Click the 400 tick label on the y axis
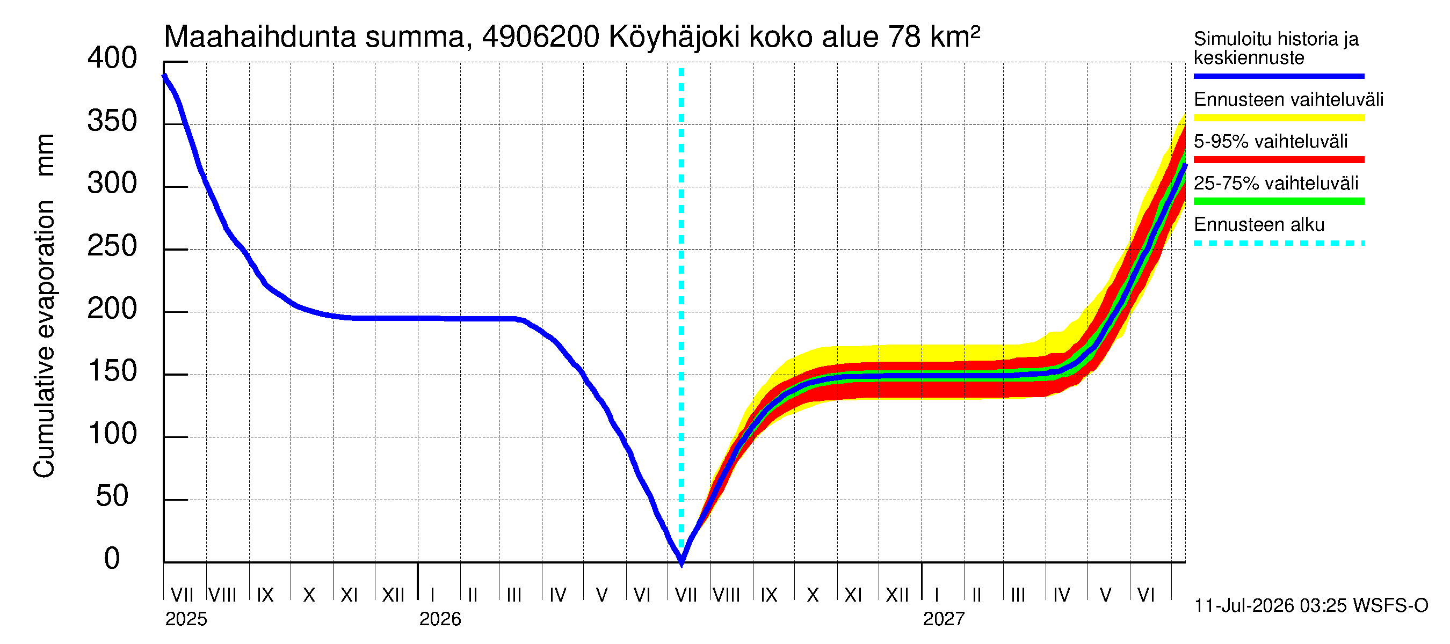(x=112, y=58)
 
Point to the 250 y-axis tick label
(x=112, y=246)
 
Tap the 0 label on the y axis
(x=112, y=559)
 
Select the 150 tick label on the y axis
(x=112, y=371)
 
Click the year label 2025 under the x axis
(x=186, y=619)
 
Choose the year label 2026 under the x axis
(x=440, y=619)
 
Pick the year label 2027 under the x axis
(x=944, y=619)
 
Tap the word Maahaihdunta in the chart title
(x=260, y=37)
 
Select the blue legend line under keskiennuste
(x=1279, y=76)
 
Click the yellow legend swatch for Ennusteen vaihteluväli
(x=1279, y=118)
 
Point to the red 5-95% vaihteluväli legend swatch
(x=1279, y=160)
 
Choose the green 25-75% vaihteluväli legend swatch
(x=1279, y=201)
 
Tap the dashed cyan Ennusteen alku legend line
(x=1279, y=244)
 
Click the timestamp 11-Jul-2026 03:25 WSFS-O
(x=1311, y=606)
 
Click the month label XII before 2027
(x=897, y=595)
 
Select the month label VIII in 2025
(x=222, y=595)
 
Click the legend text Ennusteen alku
(x=1259, y=225)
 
